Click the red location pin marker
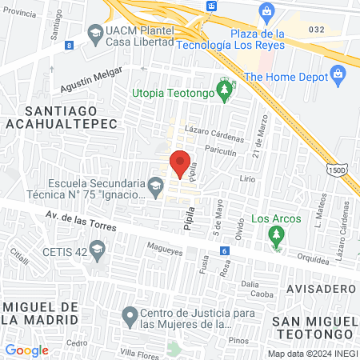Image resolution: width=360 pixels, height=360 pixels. [x=180, y=163]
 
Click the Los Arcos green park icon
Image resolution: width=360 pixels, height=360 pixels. [x=277, y=234]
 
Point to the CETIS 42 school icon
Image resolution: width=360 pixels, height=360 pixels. [x=97, y=250]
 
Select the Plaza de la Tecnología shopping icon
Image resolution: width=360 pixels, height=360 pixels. [x=268, y=11]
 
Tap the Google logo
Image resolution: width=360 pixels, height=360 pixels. [x=26, y=350]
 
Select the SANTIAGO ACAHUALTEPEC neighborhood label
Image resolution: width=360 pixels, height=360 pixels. [x=60, y=116]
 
